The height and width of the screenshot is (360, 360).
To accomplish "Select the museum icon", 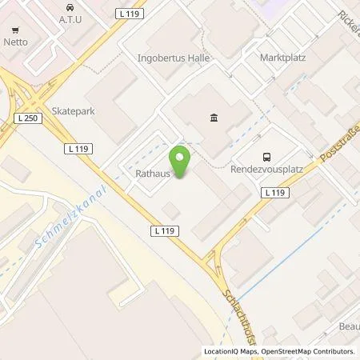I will click(214, 119).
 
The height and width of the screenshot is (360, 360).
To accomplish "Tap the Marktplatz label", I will click(284, 58).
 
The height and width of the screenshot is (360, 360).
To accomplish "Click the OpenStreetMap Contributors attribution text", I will click(307, 351).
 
